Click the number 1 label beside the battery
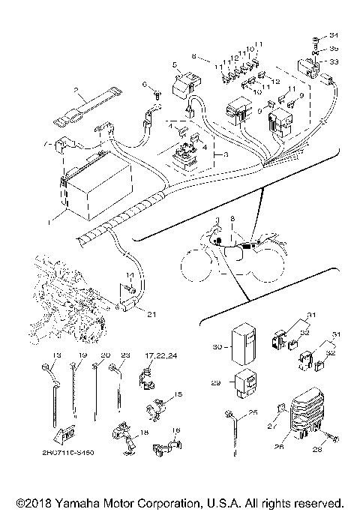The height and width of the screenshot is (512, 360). point(50,222)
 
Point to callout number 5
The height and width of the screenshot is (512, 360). point(174,65)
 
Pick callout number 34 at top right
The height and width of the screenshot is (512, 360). point(334,36)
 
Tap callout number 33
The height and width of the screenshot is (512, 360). point(334,61)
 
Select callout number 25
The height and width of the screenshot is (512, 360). point(253,413)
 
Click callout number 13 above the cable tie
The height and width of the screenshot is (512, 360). point(55,354)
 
